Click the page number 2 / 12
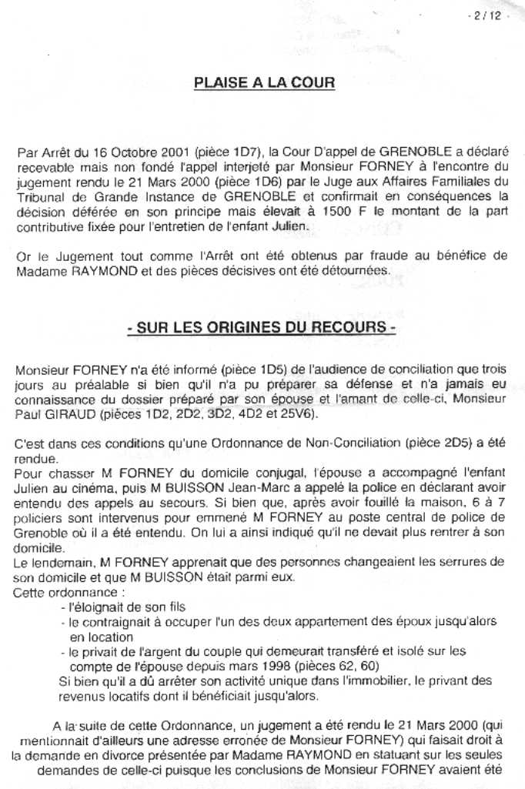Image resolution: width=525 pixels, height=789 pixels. [489, 16]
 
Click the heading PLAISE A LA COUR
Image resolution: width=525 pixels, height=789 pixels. [264, 83]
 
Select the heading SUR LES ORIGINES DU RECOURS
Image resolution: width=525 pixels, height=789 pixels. [262, 328]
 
